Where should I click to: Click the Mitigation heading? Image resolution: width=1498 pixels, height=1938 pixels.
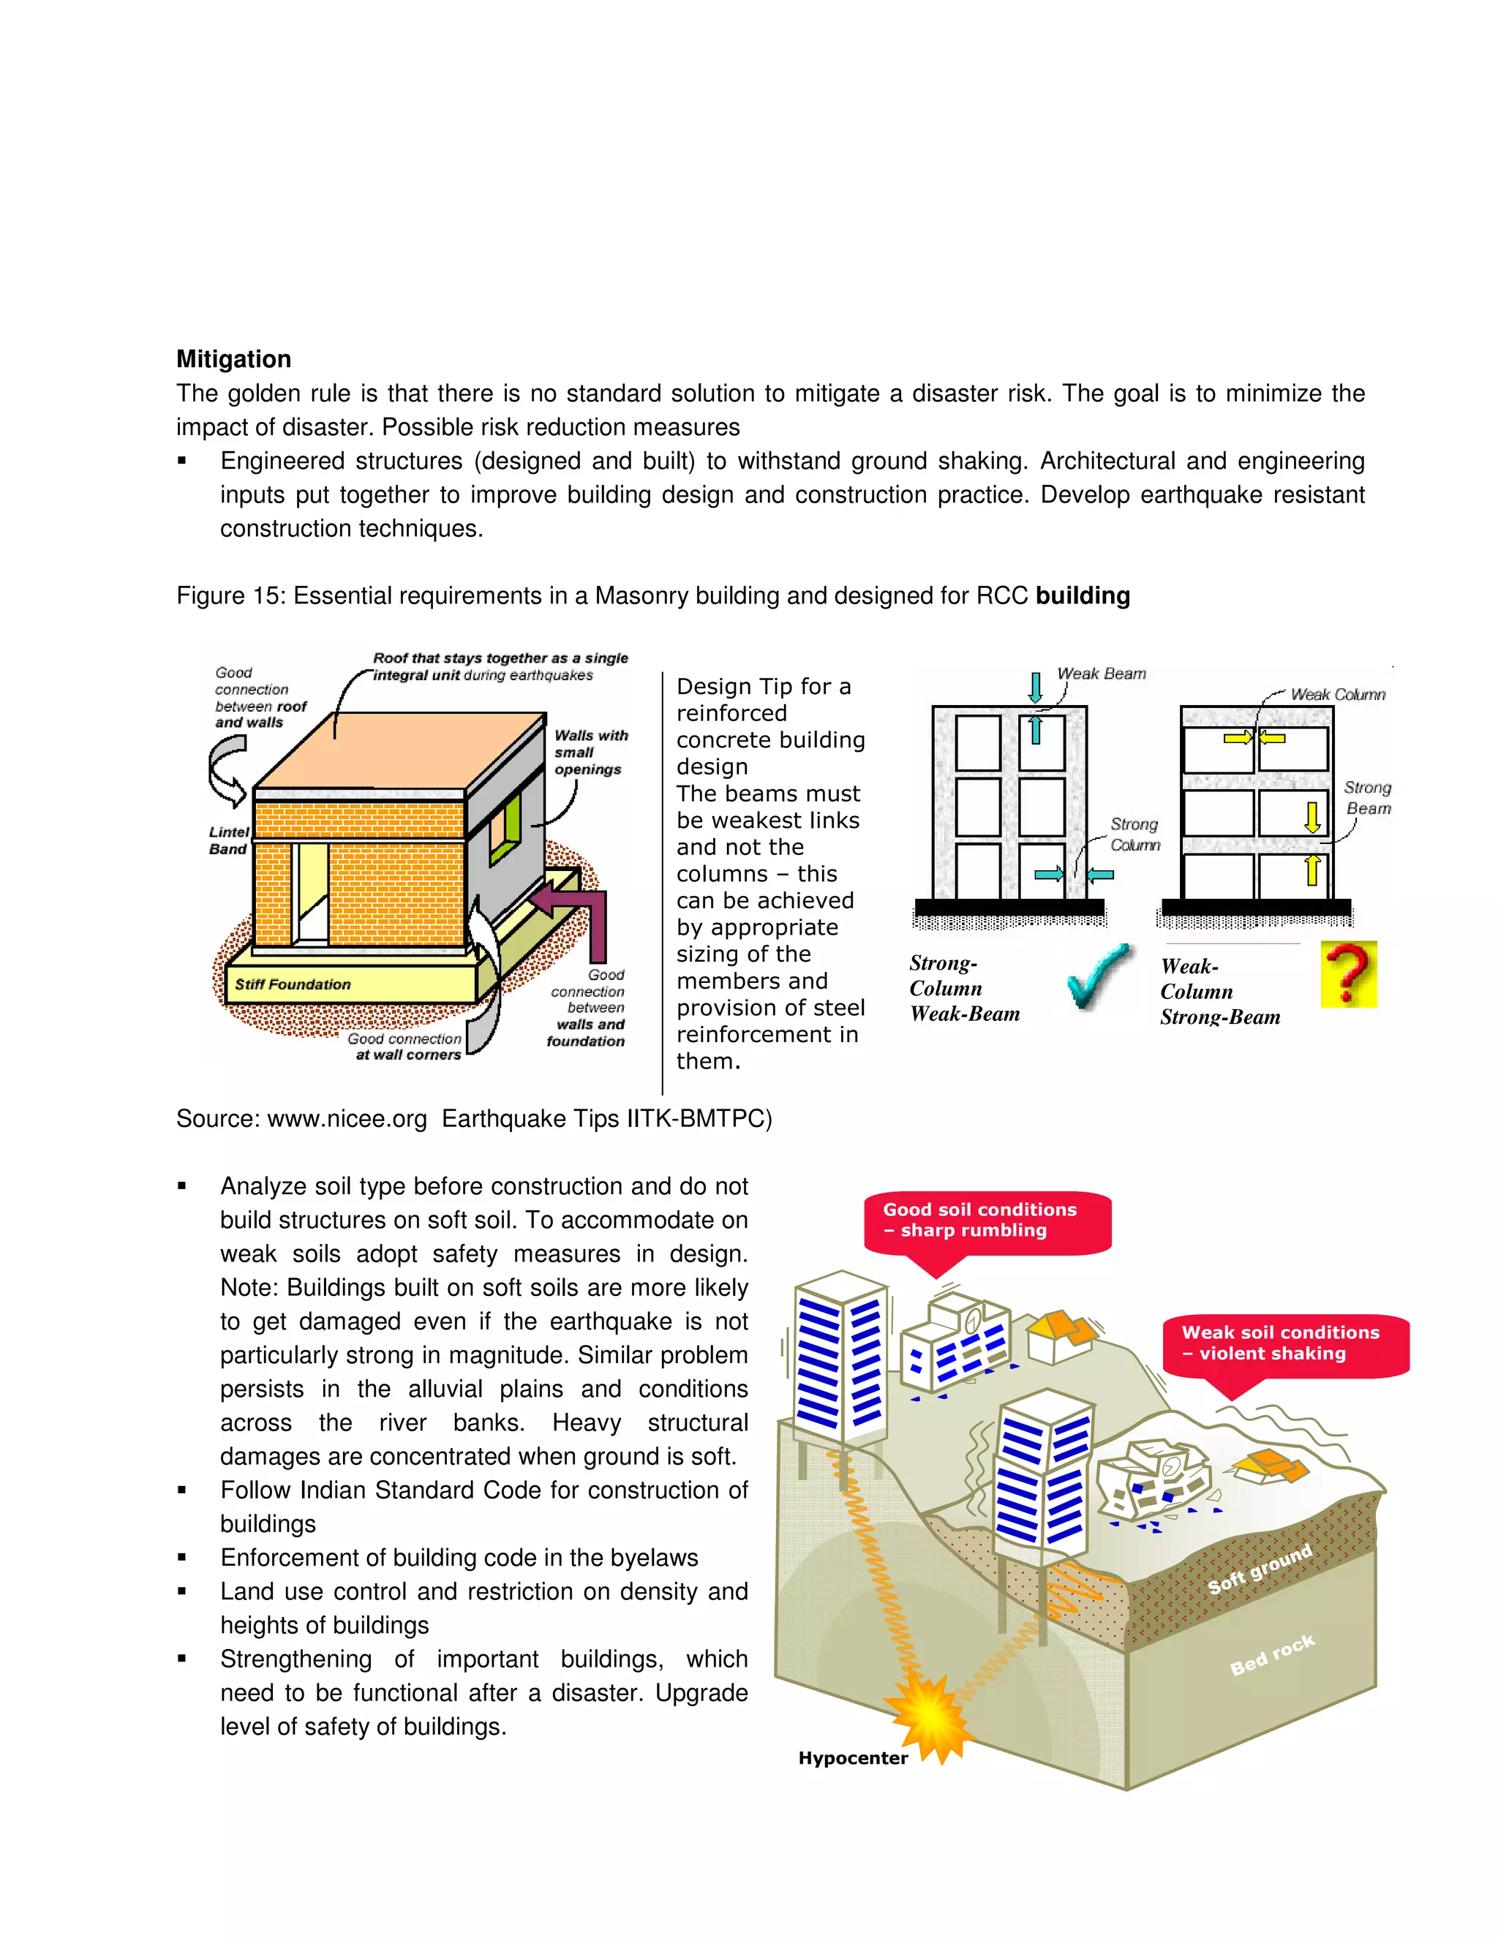[233, 358]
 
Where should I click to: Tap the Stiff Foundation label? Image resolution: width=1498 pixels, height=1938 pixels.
[292, 984]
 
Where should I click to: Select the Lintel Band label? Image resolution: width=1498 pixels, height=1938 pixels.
[228, 840]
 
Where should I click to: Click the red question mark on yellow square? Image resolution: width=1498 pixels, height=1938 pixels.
[1348, 974]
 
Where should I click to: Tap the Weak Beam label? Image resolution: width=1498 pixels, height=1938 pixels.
[1102, 674]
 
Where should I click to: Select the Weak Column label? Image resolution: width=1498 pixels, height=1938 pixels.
[1337, 694]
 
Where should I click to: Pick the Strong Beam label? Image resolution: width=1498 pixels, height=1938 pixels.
[1368, 798]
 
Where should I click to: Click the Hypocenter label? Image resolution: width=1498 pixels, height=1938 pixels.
[853, 1758]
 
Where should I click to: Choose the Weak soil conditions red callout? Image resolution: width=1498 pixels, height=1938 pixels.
[1284, 1343]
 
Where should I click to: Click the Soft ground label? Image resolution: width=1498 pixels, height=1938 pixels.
[1260, 1569]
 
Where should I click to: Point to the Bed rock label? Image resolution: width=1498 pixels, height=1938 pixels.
[1272, 1655]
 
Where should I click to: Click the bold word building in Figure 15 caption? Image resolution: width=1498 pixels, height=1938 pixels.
[1082, 595]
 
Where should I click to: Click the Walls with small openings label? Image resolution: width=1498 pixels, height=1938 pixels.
[590, 753]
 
